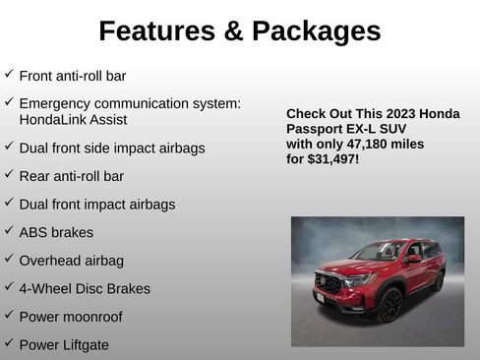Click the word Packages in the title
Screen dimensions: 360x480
[x=316, y=31]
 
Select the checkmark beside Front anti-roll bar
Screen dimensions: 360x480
[x=9, y=74]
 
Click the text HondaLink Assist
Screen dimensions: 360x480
[x=73, y=119]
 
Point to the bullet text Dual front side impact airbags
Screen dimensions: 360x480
[x=112, y=148]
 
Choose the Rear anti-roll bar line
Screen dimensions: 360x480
[x=72, y=176]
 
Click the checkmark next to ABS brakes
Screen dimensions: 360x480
[x=9, y=231]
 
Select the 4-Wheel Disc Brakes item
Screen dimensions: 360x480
[x=85, y=289]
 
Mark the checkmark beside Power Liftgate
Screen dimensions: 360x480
[x=9, y=343]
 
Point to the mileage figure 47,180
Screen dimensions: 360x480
[x=377, y=144]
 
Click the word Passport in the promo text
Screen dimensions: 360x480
[x=316, y=129]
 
